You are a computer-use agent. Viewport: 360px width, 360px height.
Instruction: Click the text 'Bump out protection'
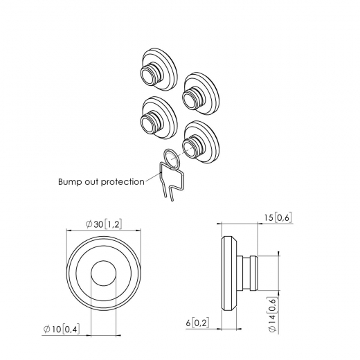(x=101, y=182)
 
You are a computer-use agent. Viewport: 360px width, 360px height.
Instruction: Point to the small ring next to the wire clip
(x=173, y=159)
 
